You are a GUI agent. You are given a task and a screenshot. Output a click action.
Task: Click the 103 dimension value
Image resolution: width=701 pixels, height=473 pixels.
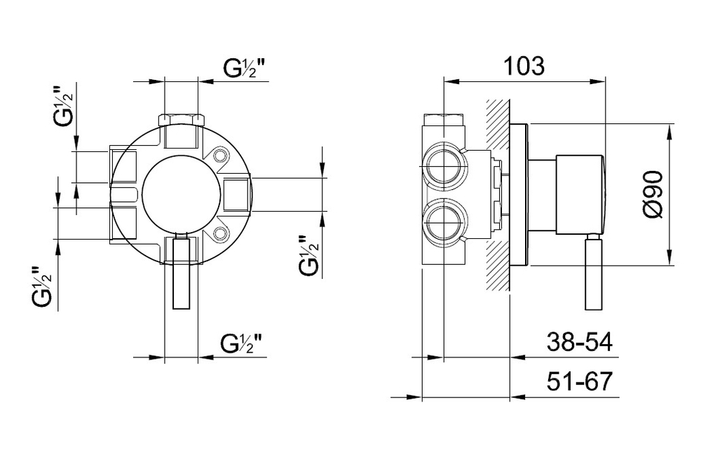click(524, 66)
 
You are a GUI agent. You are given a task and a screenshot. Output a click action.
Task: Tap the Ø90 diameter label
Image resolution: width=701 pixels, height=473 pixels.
click(654, 194)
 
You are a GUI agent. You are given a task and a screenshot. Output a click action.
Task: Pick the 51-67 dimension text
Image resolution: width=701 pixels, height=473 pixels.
click(580, 381)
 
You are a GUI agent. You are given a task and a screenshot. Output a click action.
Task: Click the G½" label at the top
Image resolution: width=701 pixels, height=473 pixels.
click(244, 68)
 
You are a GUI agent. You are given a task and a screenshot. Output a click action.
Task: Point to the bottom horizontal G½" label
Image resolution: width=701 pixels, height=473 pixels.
click(240, 343)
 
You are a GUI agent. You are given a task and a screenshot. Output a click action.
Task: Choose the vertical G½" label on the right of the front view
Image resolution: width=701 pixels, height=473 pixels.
click(309, 254)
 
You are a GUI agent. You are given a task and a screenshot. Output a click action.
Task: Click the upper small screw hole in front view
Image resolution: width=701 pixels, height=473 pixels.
click(219, 156)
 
